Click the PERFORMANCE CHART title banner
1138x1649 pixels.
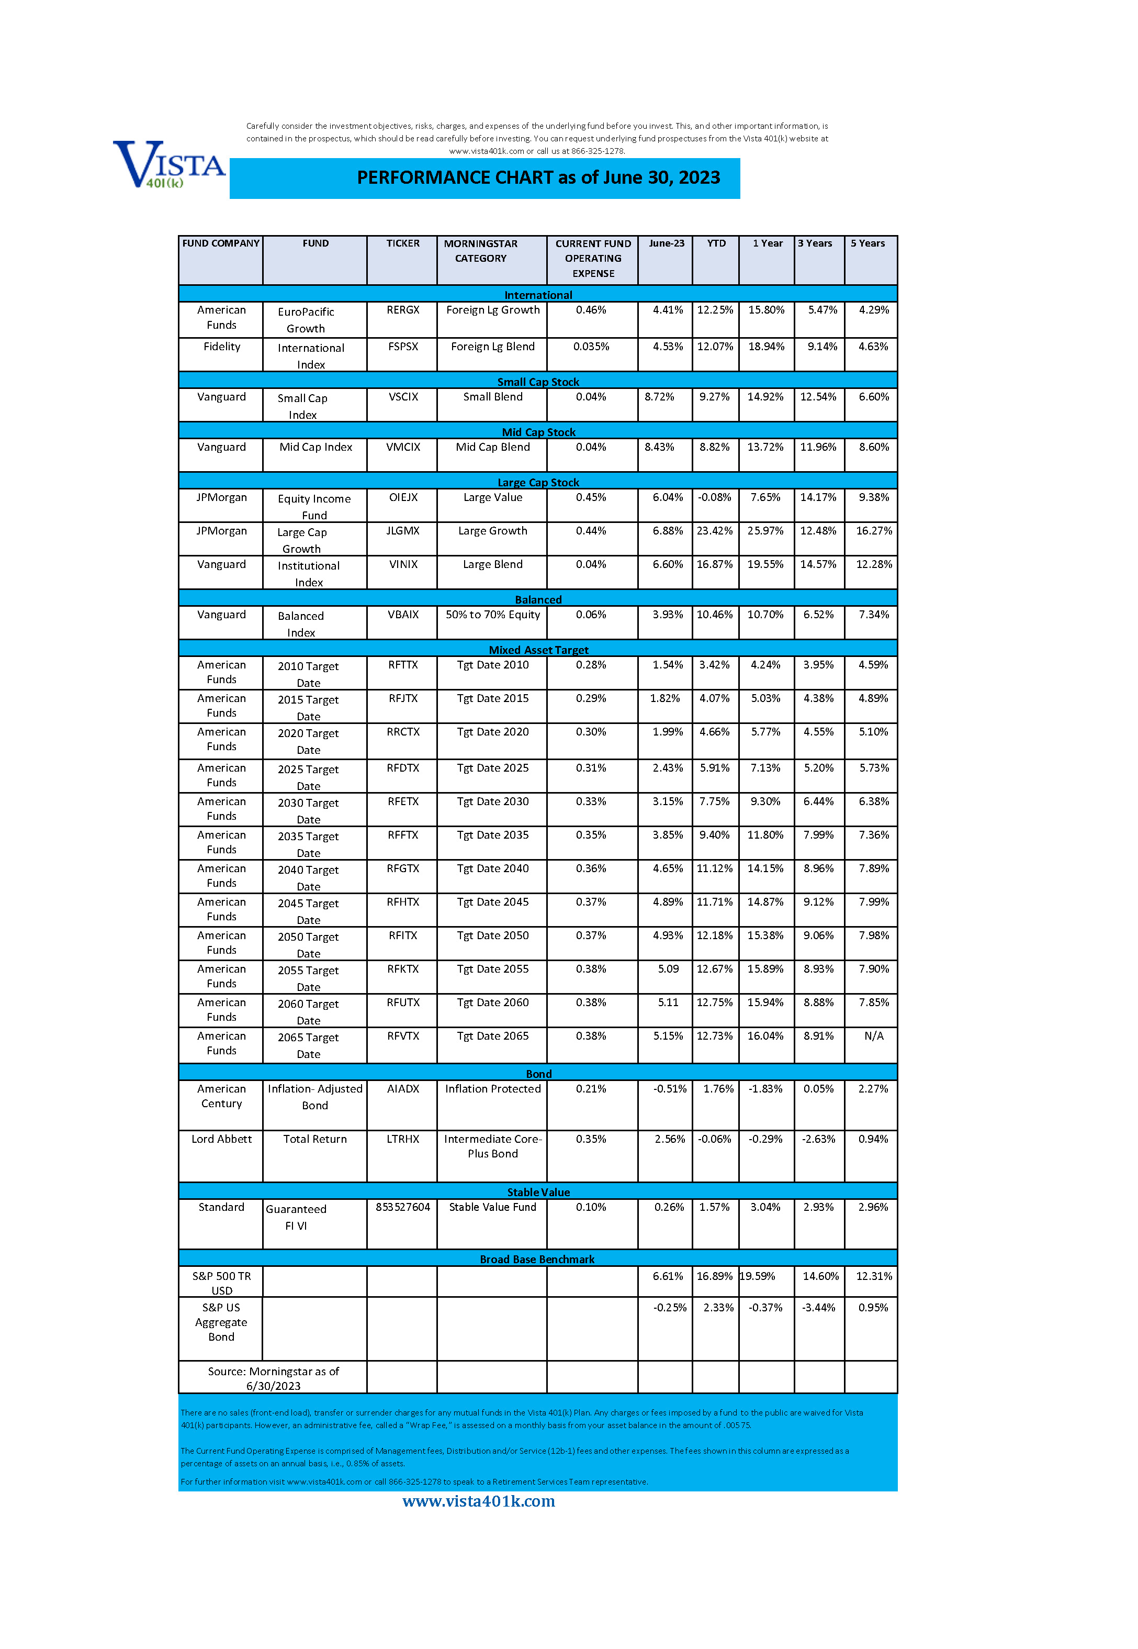pyautogui.click(x=538, y=177)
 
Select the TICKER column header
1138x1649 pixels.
pyautogui.click(x=403, y=244)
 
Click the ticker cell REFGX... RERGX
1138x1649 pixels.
pyautogui.click(x=403, y=310)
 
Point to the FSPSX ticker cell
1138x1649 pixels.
pyautogui.click(x=403, y=347)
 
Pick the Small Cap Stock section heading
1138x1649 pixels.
pyautogui.click(x=538, y=382)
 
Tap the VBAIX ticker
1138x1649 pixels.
pyautogui.click(x=403, y=615)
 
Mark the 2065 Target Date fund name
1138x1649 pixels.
pyautogui.click(x=308, y=1045)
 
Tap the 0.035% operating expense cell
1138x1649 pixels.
pyautogui.click(x=591, y=347)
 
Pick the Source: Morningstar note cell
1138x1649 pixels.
pyautogui.click(x=273, y=1378)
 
